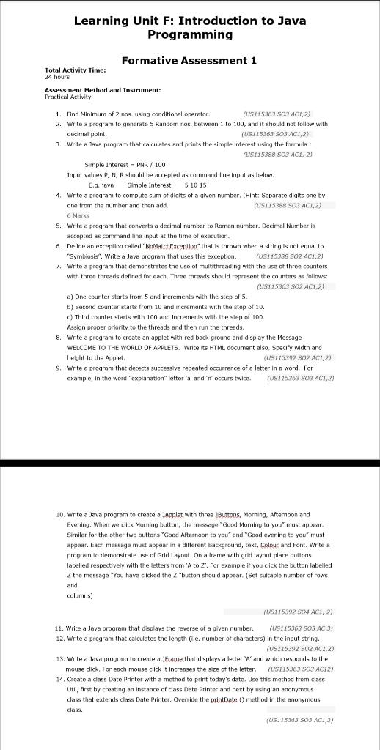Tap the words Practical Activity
pyautogui.click(x=68, y=96)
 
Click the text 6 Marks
pyautogui.click(x=78, y=216)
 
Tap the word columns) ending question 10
pyautogui.click(x=81, y=596)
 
